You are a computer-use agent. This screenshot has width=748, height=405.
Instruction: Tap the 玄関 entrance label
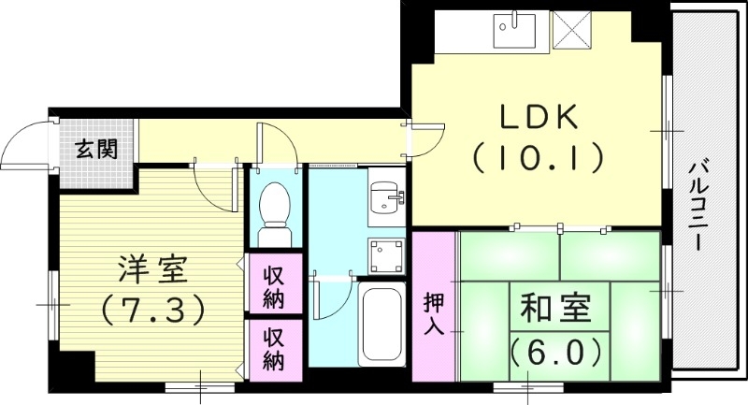(x=96, y=148)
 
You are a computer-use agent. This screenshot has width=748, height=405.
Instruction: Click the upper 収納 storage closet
(x=274, y=286)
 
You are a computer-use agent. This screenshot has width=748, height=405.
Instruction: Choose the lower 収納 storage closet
(x=274, y=349)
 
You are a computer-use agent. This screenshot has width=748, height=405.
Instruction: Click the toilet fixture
(x=274, y=206)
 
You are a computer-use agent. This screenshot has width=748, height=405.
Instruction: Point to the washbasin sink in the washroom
(x=384, y=197)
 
